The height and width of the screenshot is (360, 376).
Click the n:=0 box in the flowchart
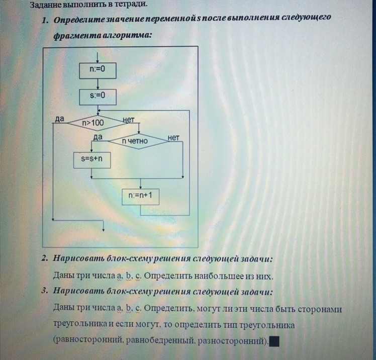(x=98, y=70)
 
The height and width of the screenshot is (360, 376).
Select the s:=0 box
(x=98, y=96)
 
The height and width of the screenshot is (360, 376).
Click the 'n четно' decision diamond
(x=138, y=141)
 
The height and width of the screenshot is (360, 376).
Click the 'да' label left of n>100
(x=59, y=119)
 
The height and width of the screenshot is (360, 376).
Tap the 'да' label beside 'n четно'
(x=98, y=137)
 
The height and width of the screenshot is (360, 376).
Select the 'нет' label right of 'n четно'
(x=173, y=137)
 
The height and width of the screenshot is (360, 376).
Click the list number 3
(x=45, y=291)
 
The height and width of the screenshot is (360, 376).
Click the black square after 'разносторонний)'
(x=274, y=342)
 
